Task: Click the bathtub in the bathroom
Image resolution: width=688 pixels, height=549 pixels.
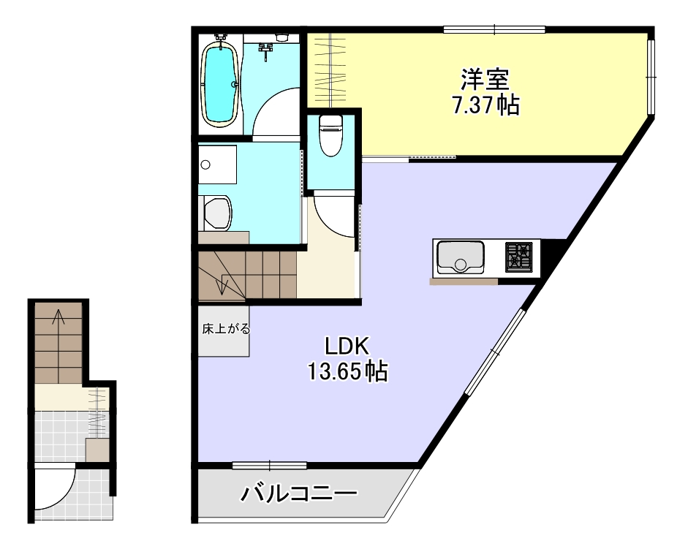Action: pyautogui.click(x=219, y=83)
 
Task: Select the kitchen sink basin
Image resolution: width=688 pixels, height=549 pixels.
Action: pyautogui.click(x=459, y=257)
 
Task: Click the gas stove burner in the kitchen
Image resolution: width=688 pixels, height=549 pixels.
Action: pyautogui.click(x=520, y=257)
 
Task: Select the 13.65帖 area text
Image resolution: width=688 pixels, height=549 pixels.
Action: pyautogui.click(x=347, y=372)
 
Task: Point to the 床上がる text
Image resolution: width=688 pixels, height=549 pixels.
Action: pyautogui.click(x=226, y=329)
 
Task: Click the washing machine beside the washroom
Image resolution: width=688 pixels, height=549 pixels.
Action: pyautogui.click(x=217, y=212)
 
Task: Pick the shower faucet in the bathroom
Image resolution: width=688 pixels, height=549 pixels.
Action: pyautogui.click(x=267, y=50)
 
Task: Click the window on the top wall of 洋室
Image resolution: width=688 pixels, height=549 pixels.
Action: pyautogui.click(x=494, y=30)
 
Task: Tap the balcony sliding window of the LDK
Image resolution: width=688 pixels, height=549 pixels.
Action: pyautogui.click(x=269, y=465)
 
